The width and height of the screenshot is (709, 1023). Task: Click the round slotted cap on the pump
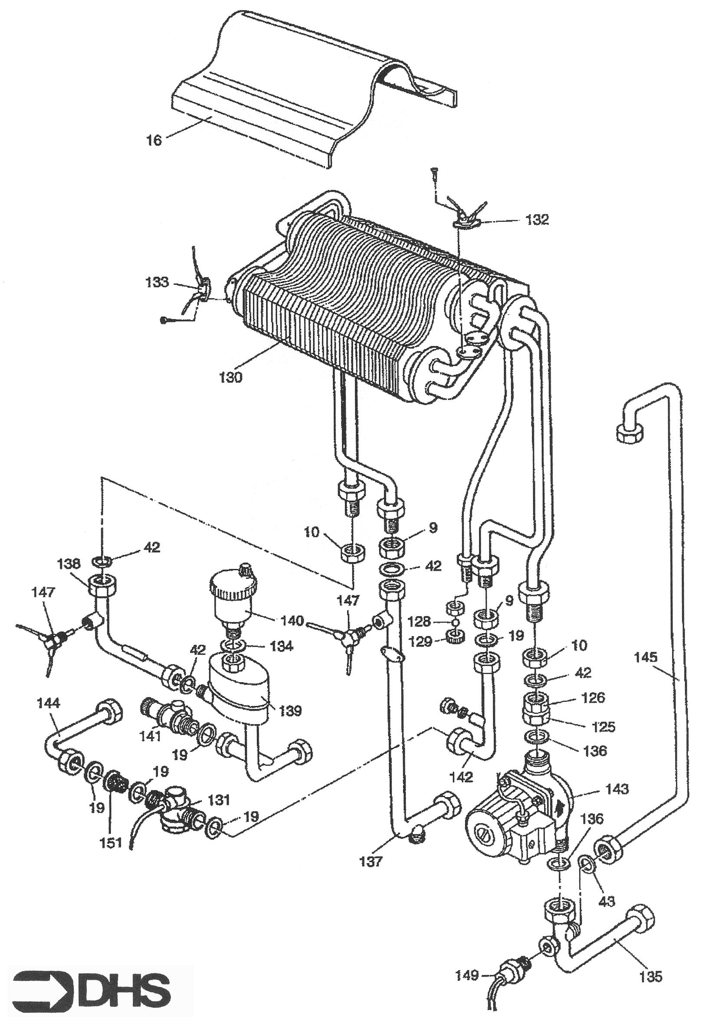(x=485, y=829)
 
